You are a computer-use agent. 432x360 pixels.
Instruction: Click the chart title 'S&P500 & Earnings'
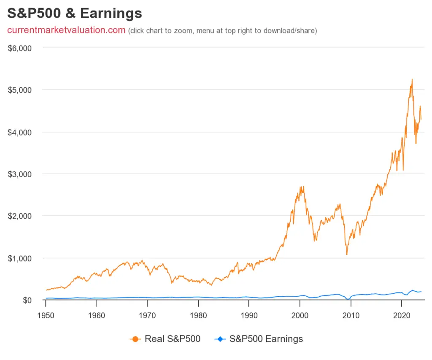click(75, 14)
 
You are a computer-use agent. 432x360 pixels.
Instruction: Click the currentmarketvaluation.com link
click(66, 30)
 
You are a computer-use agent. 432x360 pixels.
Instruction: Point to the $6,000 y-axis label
click(20, 48)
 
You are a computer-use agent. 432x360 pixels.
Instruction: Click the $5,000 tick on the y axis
click(20, 90)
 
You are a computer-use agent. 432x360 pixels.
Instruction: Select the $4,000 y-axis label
click(20, 132)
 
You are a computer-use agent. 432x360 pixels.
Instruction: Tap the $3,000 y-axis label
click(20, 174)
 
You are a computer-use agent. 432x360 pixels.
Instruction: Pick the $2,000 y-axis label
click(20, 216)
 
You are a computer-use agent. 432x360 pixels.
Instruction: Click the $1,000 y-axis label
click(20, 258)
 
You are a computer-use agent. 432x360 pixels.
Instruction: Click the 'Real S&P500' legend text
click(172, 338)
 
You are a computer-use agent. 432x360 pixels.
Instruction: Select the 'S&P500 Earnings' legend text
click(266, 338)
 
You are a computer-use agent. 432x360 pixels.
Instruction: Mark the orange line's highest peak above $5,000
click(412, 79)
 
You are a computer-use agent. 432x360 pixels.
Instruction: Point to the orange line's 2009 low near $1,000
click(347, 254)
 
